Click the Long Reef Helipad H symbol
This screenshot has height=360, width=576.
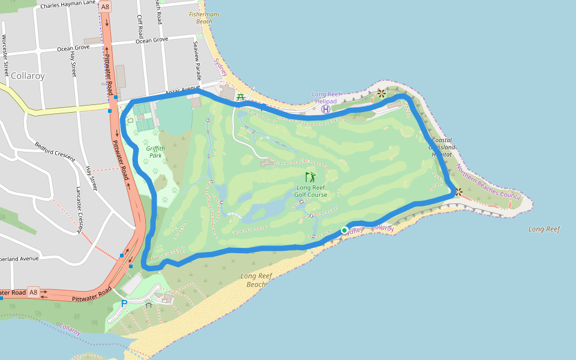(x=326, y=109)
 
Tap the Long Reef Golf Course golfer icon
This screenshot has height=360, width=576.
(x=310, y=177)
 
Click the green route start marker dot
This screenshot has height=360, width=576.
(x=344, y=230)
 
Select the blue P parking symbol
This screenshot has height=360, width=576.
(x=124, y=304)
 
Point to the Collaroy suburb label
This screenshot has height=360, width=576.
(x=28, y=76)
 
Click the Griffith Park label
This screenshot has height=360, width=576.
(x=155, y=152)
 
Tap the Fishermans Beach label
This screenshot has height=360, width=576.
(x=204, y=17)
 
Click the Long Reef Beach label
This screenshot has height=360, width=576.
(x=256, y=280)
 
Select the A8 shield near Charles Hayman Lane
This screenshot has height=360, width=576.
(x=106, y=7)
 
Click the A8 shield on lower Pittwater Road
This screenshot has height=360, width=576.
(x=34, y=293)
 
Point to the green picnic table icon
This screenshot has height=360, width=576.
(x=241, y=97)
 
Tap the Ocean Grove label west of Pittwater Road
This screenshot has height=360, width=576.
(x=73, y=47)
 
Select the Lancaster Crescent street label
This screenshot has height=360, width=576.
(x=79, y=208)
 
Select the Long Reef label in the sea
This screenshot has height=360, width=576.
(x=544, y=229)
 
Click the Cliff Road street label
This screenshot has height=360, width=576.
(x=140, y=26)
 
